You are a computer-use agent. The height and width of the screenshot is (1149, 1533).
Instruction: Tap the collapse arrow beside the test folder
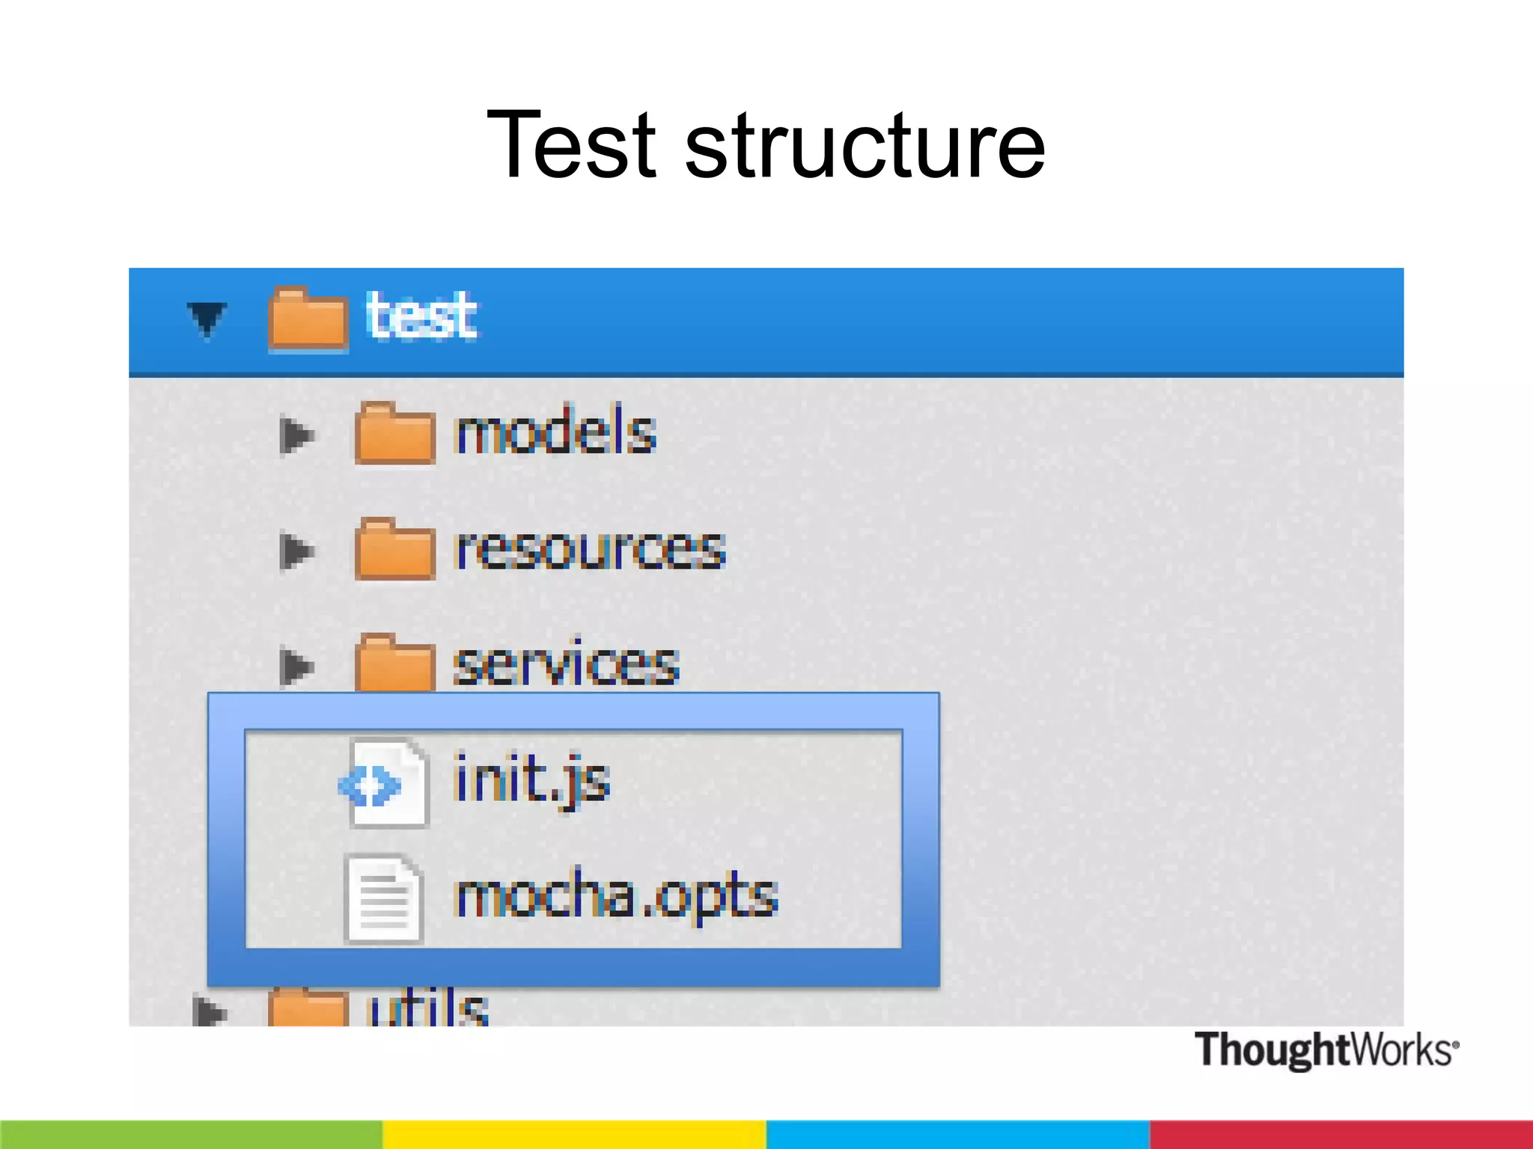tap(207, 318)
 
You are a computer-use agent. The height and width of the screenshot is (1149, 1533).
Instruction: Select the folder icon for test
tap(308, 319)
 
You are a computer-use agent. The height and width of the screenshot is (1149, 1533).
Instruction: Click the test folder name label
tap(421, 316)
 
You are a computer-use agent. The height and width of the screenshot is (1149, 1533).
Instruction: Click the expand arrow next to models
tap(296, 435)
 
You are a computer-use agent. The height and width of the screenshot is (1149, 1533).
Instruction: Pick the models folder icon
tap(394, 434)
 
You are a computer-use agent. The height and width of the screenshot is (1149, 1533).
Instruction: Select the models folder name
tap(555, 432)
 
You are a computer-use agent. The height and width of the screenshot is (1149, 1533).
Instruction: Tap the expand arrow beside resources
tap(296, 551)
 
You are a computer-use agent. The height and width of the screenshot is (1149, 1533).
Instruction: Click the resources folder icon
tap(394, 550)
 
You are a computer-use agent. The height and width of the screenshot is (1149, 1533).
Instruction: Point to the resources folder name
tap(590, 549)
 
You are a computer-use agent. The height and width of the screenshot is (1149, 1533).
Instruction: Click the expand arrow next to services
tap(296, 666)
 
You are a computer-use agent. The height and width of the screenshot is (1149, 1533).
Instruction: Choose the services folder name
tap(566, 664)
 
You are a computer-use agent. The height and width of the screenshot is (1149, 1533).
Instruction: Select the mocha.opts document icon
tap(383, 898)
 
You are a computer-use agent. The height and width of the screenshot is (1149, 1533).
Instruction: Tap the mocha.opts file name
tap(616, 896)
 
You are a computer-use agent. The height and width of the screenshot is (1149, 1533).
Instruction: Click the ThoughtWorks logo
tap(1326, 1050)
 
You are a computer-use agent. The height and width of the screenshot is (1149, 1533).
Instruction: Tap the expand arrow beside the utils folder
tap(209, 1011)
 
